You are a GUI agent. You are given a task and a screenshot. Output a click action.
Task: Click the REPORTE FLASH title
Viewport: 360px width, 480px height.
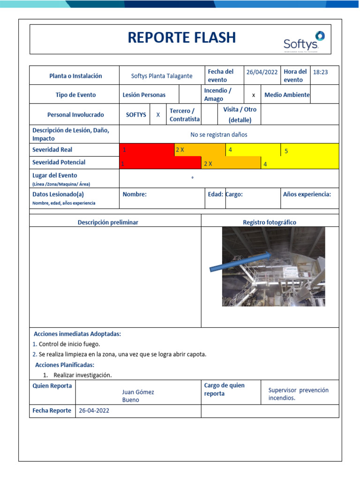pos(182,38)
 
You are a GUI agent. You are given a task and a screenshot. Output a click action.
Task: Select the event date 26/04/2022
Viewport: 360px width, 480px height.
pos(262,72)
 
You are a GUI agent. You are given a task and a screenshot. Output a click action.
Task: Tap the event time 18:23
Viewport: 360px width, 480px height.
pos(320,72)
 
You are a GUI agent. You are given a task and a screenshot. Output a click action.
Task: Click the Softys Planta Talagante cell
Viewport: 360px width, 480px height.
pos(162,76)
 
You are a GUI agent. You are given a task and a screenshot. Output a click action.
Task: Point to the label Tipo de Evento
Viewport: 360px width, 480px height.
pos(75,95)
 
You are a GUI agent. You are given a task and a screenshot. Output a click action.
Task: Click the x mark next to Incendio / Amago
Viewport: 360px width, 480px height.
pos(254,95)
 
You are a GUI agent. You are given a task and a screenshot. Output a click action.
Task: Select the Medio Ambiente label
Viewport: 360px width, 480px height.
pos(287,95)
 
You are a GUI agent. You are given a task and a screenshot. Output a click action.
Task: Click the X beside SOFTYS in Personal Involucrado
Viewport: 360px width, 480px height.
pos(158,114)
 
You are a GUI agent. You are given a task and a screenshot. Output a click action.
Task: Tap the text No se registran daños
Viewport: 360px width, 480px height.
pos(218,135)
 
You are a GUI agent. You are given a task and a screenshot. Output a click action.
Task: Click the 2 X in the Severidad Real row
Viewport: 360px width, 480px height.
pos(180,150)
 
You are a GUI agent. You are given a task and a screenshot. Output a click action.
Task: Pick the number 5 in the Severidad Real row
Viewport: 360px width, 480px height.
pos(286,151)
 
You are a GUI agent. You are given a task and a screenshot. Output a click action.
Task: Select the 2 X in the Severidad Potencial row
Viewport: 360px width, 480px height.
pos(208,164)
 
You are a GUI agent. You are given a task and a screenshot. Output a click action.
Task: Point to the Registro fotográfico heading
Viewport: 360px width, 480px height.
pos(269,222)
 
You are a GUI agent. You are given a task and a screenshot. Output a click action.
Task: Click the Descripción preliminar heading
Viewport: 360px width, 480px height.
pos(108,222)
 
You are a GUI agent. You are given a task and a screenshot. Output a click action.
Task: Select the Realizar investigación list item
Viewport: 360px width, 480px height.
pos(82,375)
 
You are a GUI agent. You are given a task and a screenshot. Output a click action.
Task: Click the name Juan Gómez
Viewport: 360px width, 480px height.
pos(138,392)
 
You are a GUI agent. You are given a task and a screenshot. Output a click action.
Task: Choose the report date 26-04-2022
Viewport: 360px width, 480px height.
pos(94,411)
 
